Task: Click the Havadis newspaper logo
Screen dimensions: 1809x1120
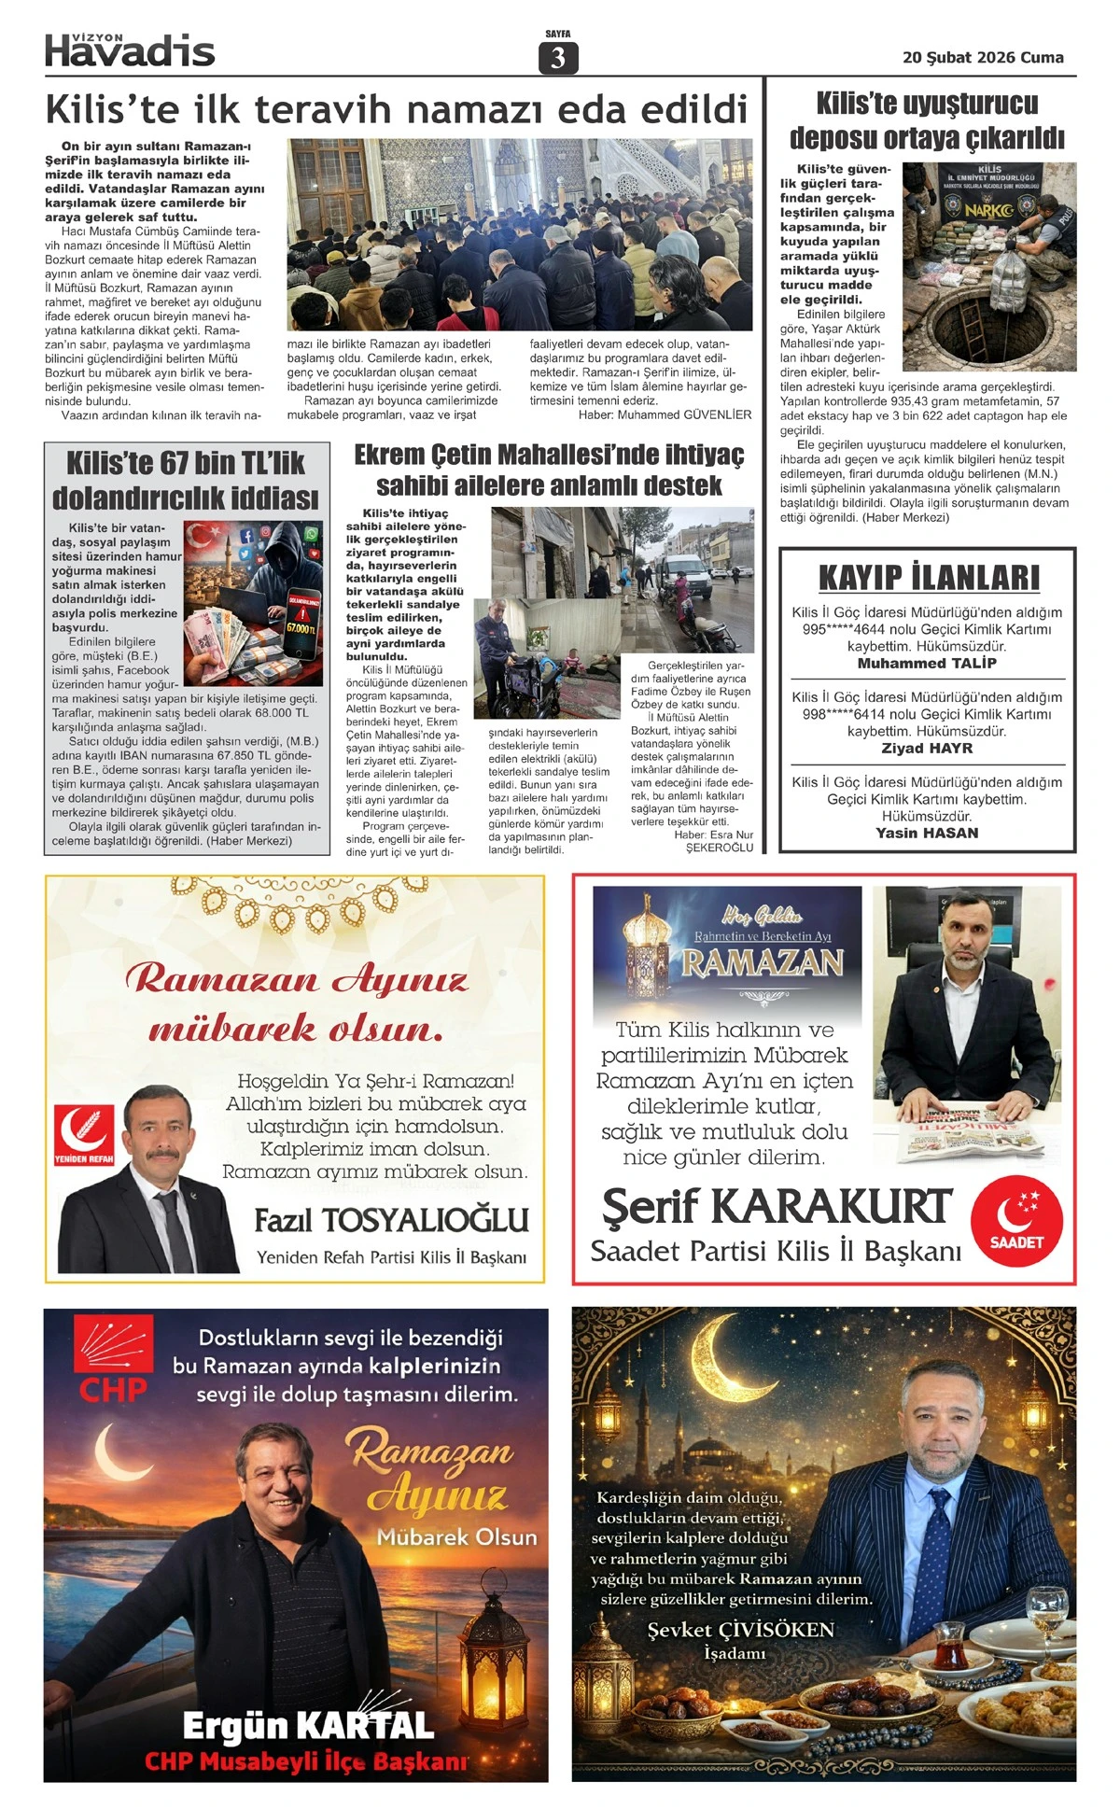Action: (130, 51)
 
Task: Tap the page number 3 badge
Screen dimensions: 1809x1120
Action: (558, 58)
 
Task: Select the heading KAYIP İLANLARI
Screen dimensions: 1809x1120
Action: (928, 578)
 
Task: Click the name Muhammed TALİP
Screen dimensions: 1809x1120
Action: (927, 664)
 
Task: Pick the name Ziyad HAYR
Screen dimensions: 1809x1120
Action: (927, 749)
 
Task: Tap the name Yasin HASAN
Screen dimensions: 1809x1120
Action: (927, 834)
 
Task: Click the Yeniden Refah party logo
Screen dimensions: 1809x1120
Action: (84, 1135)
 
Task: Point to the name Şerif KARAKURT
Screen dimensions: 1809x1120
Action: (777, 1207)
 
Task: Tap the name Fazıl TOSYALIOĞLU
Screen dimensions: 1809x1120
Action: (391, 1220)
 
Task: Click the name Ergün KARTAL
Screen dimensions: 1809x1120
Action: (308, 1726)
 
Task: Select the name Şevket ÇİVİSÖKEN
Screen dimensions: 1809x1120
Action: (740, 1630)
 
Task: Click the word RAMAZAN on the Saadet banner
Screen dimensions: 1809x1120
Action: (763, 962)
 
